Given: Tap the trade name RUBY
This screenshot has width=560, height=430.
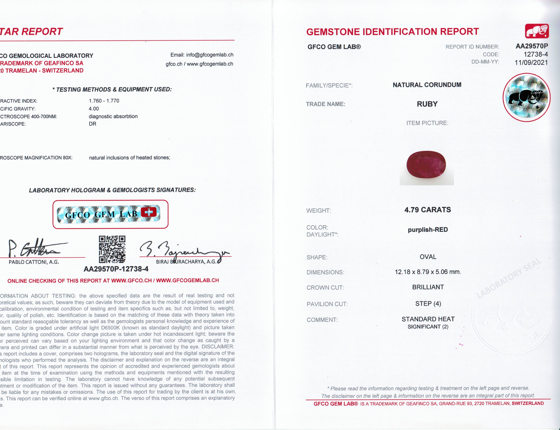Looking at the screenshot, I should click(427, 104).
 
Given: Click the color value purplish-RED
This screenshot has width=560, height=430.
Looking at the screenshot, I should click(428, 230).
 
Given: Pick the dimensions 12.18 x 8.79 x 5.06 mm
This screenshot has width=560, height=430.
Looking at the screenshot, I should click(428, 272).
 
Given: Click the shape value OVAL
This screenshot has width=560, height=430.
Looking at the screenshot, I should click(428, 257).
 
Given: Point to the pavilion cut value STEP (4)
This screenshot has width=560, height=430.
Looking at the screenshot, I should click(428, 304).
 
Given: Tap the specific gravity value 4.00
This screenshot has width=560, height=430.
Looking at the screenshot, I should click(94, 109).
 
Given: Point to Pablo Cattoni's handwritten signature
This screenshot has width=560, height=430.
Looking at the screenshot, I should click(36, 248).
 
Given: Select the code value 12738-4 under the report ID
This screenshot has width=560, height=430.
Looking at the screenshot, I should click(535, 54).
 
